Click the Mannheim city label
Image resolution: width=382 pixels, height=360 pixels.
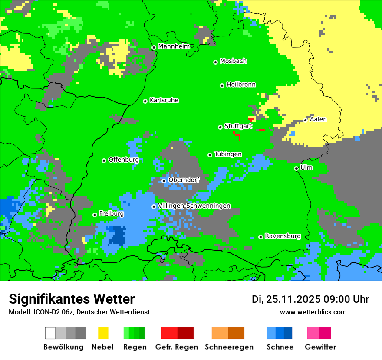(174, 46)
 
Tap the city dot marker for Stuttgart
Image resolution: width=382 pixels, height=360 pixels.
(220, 127)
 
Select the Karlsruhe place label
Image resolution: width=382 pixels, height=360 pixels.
(164, 100)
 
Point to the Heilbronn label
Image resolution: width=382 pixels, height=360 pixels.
(241, 85)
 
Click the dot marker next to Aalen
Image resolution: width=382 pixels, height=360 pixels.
(306, 120)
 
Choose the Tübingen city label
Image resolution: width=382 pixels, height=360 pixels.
(228, 154)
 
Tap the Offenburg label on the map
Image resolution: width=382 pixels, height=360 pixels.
(123, 160)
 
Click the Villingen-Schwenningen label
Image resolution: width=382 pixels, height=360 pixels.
(194, 206)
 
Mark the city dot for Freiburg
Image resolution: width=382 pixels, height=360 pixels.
(95, 215)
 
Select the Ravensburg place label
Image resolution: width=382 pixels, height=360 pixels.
(283, 236)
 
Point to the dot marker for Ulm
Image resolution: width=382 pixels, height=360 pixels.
(296, 168)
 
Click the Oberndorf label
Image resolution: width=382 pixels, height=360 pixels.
(184, 180)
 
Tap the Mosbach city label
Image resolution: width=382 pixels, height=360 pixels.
(233, 61)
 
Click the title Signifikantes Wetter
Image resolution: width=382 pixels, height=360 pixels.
(72, 299)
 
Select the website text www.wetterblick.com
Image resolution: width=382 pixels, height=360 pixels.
(313, 312)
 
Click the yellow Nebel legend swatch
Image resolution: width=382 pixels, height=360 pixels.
(103, 333)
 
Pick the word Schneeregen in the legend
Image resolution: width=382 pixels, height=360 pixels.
(229, 347)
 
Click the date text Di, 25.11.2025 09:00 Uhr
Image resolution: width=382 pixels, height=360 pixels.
(310, 299)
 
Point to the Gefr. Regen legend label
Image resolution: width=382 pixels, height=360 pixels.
(176, 347)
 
